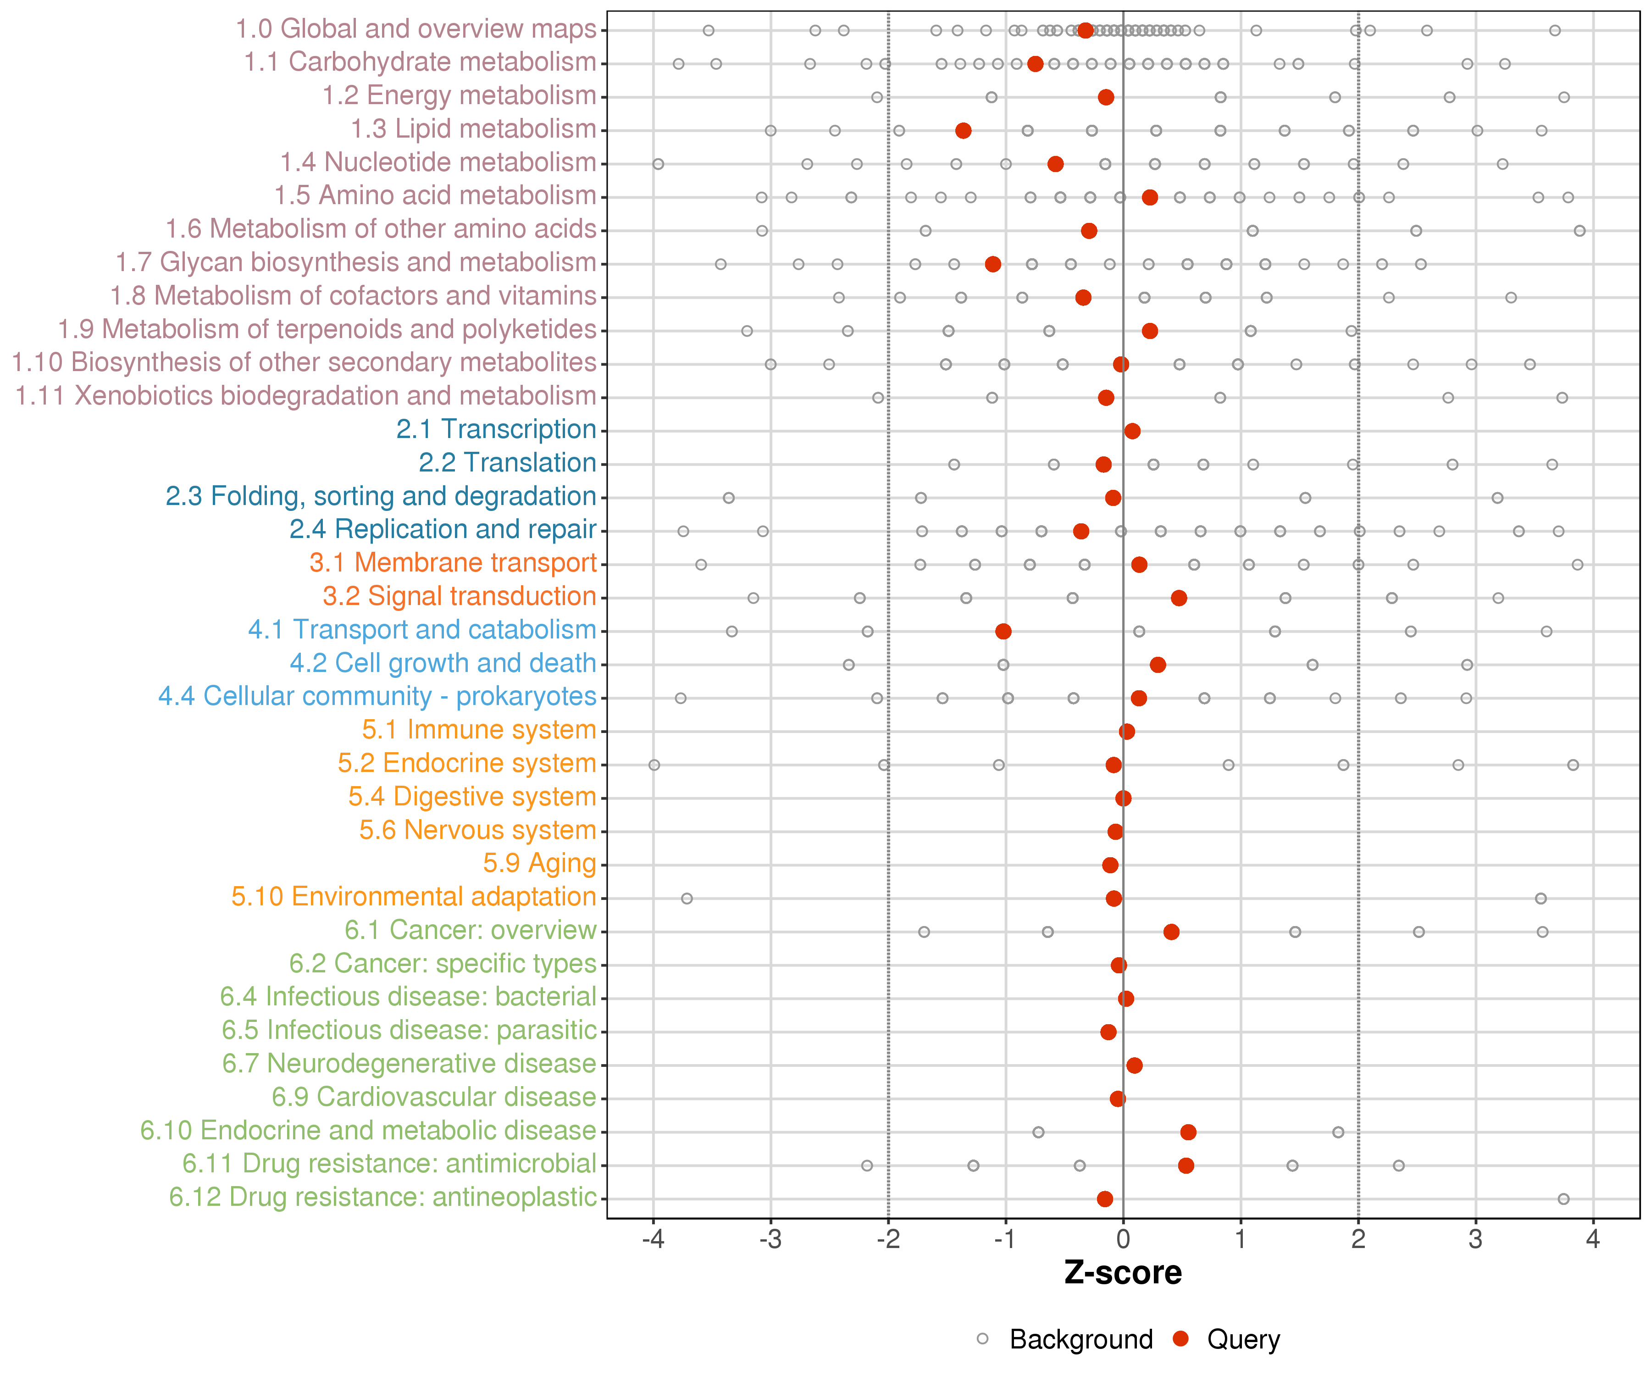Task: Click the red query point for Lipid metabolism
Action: [x=963, y=131]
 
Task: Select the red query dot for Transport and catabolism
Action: [x=1003, y=632]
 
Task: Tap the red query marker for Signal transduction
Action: [x=1179, y=599]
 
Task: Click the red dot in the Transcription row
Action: [x=1132, y=431]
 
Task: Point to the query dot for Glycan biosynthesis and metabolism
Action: [x=993, y=264]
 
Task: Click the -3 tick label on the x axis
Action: [x=770, y=1240]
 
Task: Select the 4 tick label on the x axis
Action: [x=1593, y=1240]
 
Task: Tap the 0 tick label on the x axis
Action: [x=1123, y=1240]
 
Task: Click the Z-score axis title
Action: [x=1123, y=1273]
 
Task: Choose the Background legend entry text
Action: [x=1081, y=1339]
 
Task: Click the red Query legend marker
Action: [x=1180, y=1338]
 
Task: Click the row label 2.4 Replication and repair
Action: [x=443, y=529]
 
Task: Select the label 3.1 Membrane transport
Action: [x=453, y=563]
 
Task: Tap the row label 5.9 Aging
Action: [x=539, y=863]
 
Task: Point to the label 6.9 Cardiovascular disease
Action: [x=434, y=1097]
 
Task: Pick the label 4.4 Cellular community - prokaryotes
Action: [x=377, y=697]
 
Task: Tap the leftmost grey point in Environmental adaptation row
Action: [x=687, y=899]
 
